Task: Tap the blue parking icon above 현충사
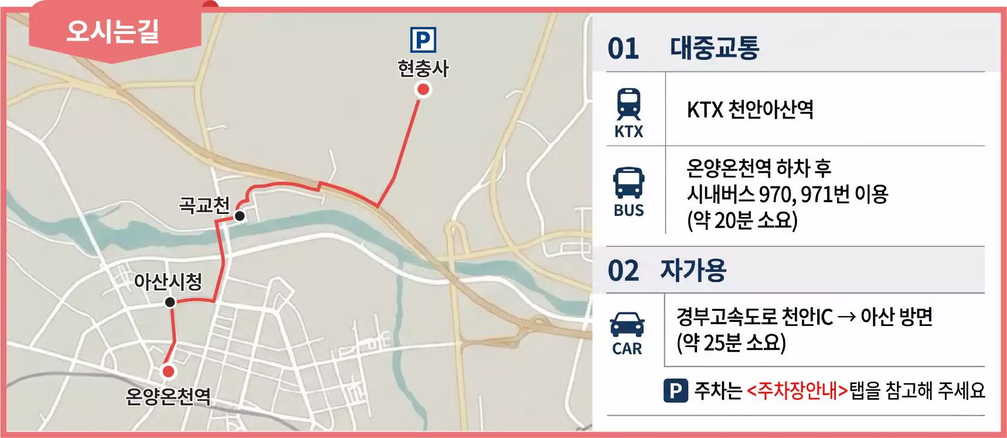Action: click(423, 40)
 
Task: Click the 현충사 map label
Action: click(423, 69)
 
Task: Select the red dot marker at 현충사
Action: click(423, 90)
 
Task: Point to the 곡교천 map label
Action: click(204, 205)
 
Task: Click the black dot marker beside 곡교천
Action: click(240, 216)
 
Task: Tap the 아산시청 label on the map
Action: click(168, 281)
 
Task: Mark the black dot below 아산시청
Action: click(170, 302)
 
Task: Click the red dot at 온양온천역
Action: click(168, 371)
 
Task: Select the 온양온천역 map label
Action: click(168, 396)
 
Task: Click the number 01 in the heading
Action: click(623, 49)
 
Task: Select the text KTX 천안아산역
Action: click(750, 110)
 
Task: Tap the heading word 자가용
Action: click(693, 270)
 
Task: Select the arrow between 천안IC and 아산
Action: click(846, 317)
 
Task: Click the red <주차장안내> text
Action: click(797, 391)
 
